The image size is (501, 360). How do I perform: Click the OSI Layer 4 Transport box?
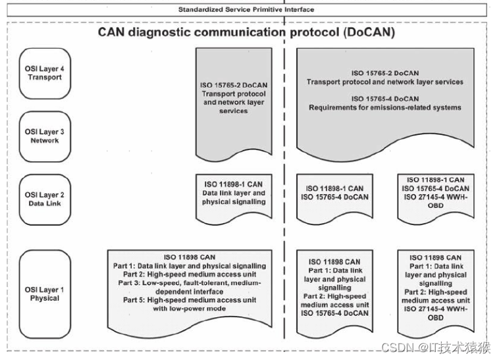[44, 72]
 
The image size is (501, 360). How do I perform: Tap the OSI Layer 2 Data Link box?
[44, 199]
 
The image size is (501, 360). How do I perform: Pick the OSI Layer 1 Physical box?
[44, 294]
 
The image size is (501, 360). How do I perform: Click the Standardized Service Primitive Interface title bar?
[247, 9]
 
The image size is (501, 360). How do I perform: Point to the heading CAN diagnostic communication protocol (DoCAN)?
[246, 32]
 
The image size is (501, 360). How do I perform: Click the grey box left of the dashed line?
[234, 102]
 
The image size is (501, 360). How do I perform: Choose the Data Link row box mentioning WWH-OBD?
[435, 192]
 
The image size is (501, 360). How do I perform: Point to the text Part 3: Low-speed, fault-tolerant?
[190, 283]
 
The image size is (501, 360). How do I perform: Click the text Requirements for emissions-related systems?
[384, 107]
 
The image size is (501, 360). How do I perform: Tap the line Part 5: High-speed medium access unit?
[190, 300]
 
